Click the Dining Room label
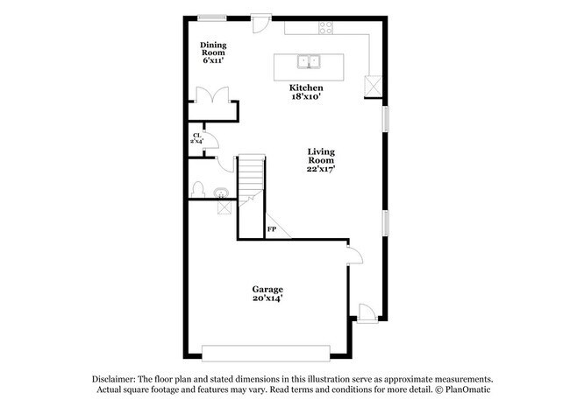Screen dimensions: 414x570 [213, 53]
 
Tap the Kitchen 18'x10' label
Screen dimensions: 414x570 [307, 92]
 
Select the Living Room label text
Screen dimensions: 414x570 [321, 162]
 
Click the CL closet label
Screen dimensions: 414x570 [196, 137]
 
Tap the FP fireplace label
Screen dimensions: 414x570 [272, 229]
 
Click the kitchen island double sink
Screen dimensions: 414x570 [308, 61]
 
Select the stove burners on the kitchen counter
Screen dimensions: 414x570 [326, 26]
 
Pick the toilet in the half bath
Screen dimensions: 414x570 [198, 189]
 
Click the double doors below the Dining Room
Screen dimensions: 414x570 [213, 97]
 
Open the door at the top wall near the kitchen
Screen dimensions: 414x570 [261, 22]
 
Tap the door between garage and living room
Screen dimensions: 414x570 [353, 256]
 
